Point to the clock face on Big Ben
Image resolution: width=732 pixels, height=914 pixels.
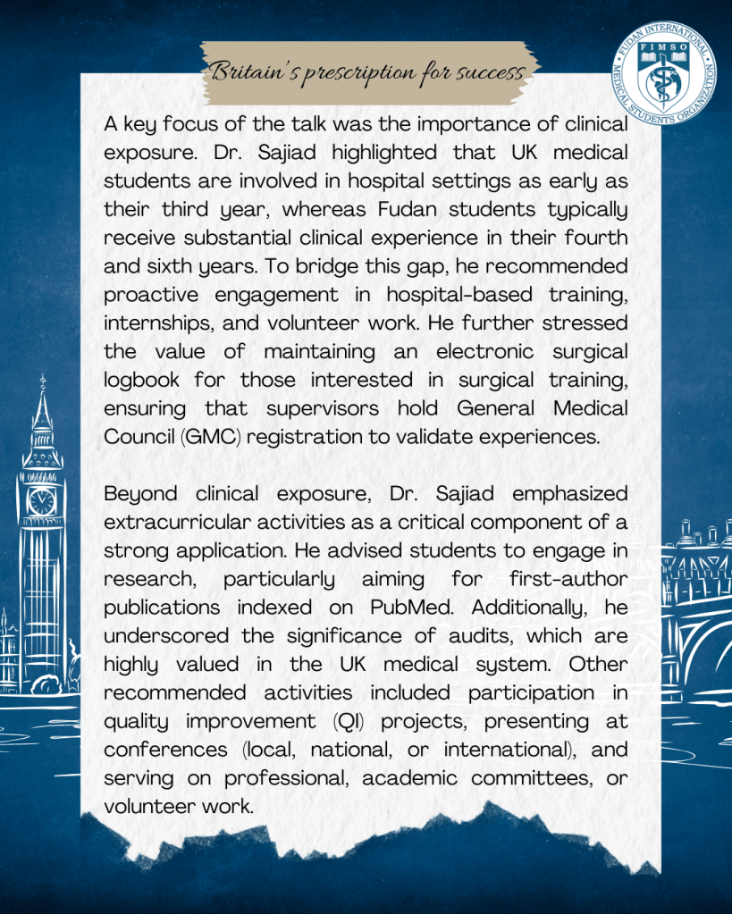[41, 501]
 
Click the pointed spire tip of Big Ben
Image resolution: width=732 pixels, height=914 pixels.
[42, 381]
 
